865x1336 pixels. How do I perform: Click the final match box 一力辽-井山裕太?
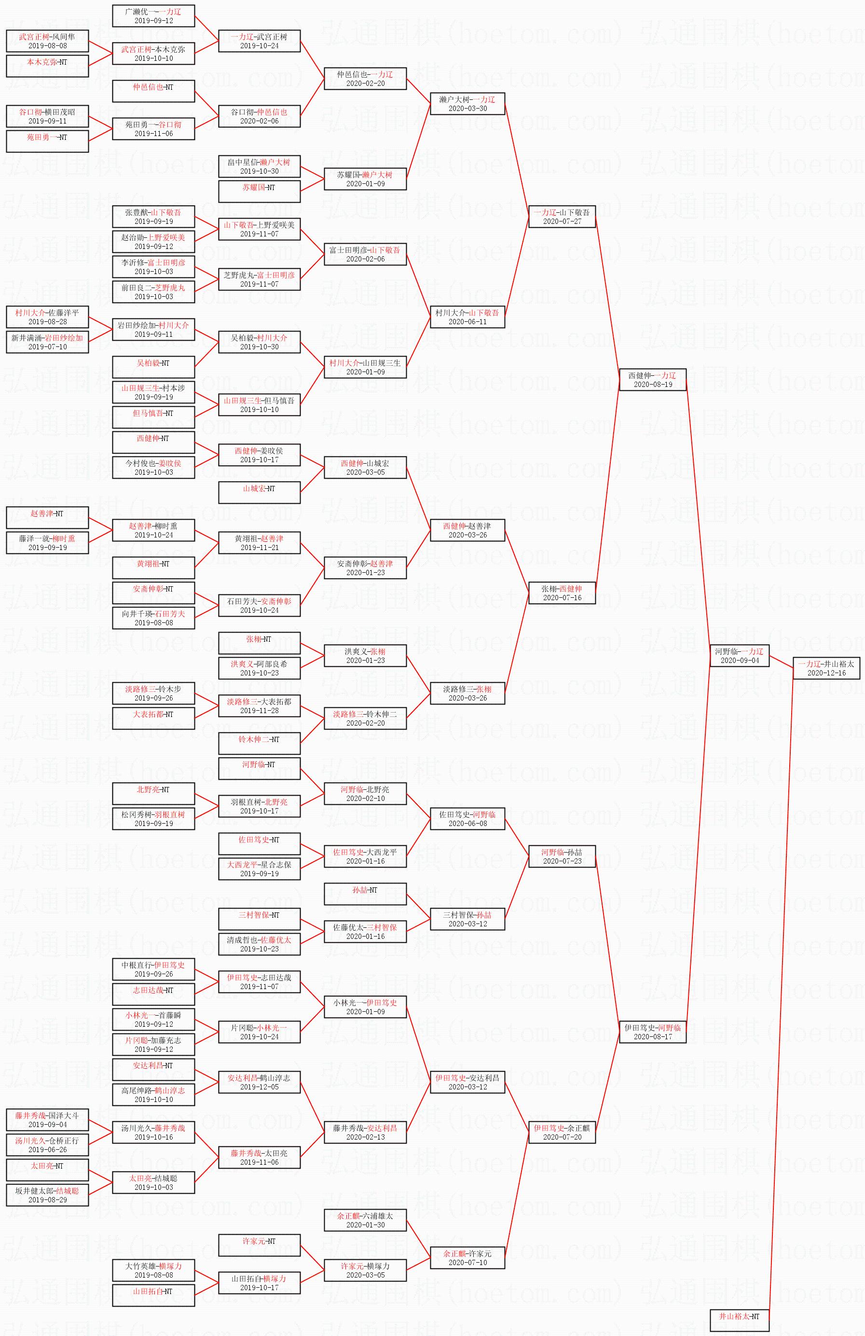[826, 668]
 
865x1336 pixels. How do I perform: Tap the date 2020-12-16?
[826, 673]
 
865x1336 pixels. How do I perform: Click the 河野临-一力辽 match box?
[739, 656]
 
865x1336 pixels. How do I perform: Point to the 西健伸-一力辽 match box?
[652, 379]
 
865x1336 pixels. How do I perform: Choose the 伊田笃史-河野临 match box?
[652, 1032]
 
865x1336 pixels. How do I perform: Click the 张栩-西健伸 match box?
[562, 593]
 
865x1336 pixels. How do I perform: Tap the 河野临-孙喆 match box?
[562, 856]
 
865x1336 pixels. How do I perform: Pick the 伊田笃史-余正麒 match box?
[562, 1132]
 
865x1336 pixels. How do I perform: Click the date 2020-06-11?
[467, 322]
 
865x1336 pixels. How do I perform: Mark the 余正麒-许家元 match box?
[467, 1257]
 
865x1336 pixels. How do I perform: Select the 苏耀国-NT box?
[259, 192]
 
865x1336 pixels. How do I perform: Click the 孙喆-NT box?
[365, 894]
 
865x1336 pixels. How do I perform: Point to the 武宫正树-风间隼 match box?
[47, 41]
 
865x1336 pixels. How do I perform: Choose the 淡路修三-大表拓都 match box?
[259, 705]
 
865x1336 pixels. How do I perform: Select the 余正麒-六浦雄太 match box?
[365, 1220]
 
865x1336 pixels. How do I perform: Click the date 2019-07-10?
[47, 347]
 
